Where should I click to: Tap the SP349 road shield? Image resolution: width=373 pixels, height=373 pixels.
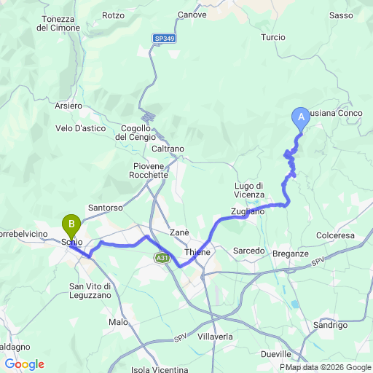click(x=164, y=36)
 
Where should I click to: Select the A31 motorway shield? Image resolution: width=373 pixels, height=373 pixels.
click(x=162, y=258)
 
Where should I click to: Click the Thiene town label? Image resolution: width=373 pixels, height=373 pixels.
click(x=197, y=252)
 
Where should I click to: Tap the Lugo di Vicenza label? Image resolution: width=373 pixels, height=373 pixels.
click(x=254, y=189)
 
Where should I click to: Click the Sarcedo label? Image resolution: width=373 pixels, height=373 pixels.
click(x=248, y=251)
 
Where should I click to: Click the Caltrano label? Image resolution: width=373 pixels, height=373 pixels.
click(x=168, y=149)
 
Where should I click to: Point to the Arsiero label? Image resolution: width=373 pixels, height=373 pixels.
click(x=68, y=106)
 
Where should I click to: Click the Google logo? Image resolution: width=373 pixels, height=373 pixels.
click(x=24, y=364)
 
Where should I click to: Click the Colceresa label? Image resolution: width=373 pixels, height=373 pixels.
click(x=335, y=235)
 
